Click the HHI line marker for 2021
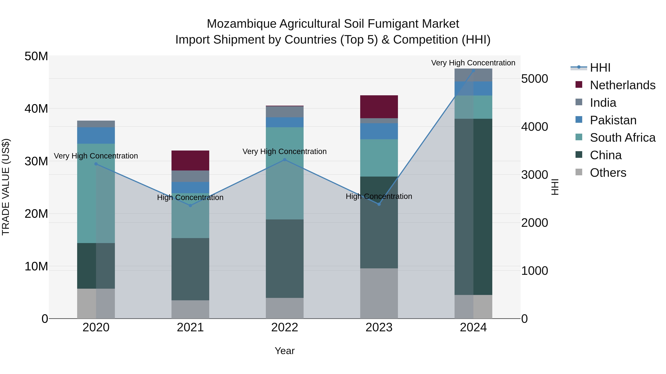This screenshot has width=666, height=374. tap(190, 205)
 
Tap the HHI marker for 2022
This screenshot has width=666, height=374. tap(285, 160)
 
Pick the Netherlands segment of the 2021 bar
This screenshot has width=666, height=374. tap(190, 160)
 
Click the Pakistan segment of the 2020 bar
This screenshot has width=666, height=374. tap(96, 135)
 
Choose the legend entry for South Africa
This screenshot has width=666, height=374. tap(622, 138)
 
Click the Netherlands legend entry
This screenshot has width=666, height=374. tap(622, 85)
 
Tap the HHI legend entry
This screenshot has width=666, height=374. tap(600, 68)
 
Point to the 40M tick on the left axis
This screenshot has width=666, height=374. tap(36, 109)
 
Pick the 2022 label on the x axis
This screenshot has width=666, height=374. tap(285, 327)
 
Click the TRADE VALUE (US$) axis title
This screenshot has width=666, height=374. tap(6, 187)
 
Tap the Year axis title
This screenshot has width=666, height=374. tap(285, 351)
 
